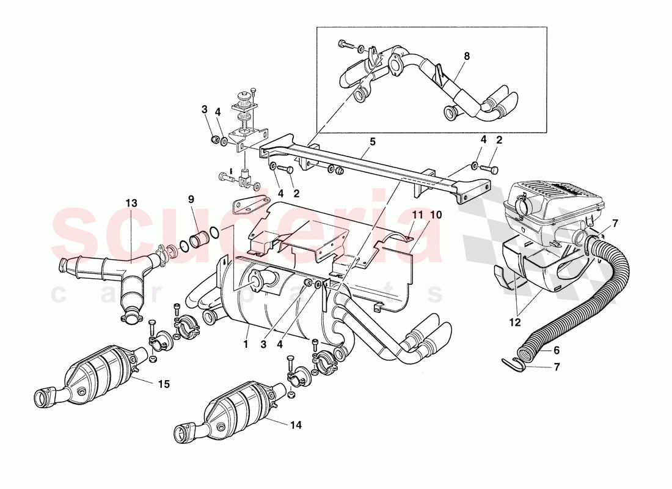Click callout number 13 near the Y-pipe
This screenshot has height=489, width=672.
coord(132,203)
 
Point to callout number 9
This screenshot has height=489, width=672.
coord(191,199)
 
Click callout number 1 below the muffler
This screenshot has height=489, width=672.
coord(246,344)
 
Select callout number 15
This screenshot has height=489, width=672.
coord(163,384)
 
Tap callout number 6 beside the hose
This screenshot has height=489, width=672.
coord(557,350)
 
